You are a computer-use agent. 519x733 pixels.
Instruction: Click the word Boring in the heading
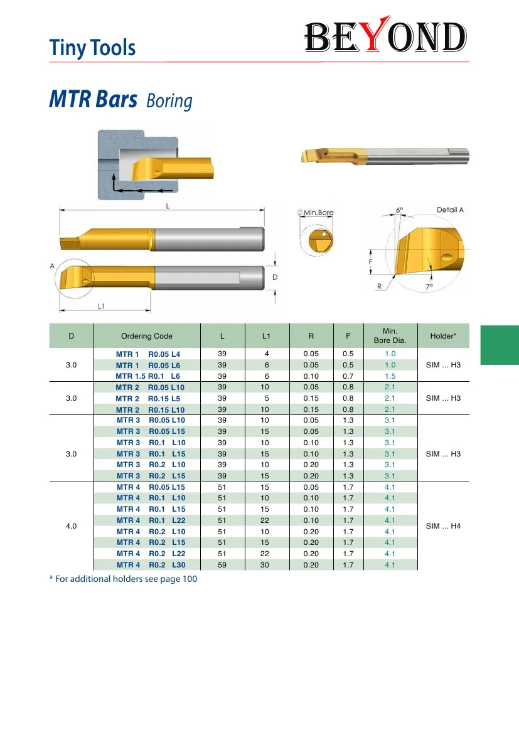coord(169,101)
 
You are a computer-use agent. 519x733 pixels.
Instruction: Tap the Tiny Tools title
coord(93,48)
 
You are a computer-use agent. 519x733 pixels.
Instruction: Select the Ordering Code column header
coord(146,335)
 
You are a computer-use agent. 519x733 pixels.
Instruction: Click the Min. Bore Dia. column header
coord(390,335)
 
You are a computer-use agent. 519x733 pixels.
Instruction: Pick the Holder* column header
coord(443,335)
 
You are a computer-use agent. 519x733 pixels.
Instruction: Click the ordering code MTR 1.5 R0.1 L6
coord(148,376)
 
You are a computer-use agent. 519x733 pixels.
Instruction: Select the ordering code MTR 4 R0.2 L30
coord(151,565)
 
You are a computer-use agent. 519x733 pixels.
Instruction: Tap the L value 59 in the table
coord(222,565)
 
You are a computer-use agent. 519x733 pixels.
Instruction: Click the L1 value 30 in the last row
coord(265,565)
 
